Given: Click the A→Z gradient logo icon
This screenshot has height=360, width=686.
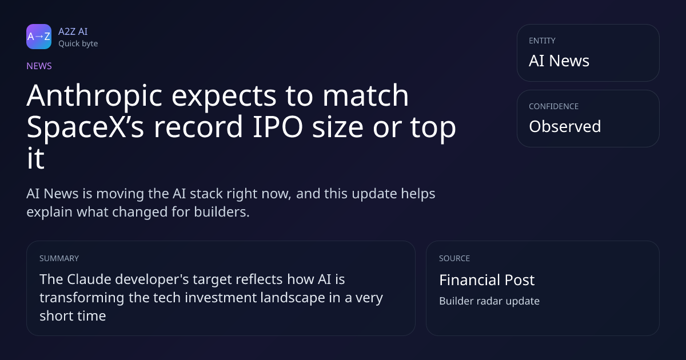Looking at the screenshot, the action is (x=39, y=37).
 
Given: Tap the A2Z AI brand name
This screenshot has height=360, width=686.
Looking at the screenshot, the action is (x=73, y=31).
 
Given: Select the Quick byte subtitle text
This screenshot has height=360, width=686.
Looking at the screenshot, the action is (x=78, y=44).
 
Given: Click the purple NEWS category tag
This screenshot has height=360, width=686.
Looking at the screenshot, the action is (x=39, y=66).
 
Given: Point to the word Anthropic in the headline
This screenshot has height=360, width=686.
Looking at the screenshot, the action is (x=94, y=97).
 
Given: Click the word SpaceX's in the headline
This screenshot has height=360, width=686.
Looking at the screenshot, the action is (x=85, y=127).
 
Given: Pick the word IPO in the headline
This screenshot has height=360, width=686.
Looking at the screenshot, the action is (x=278, y=127).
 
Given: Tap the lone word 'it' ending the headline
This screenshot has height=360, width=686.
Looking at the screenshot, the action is (x=35, y=159).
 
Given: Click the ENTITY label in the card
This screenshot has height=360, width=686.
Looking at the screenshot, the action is (x=542, y=41).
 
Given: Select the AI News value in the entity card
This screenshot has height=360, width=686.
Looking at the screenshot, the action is (x=559, y=61).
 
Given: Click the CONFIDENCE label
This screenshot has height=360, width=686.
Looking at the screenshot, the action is (x=554, y=106).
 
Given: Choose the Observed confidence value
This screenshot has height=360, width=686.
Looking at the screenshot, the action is (x=565, y=126).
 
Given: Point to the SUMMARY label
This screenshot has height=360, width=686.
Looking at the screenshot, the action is (x=59, y=258).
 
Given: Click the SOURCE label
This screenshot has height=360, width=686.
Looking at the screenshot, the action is (x=454, y=258).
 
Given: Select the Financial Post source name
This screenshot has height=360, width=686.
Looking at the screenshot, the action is (x=487, y=280).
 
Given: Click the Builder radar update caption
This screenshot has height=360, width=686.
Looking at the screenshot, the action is (x=489, y=301).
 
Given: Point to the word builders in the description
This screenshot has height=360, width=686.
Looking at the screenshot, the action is (x=222, y=212).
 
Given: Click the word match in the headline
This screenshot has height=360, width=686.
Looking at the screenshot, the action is (x=366, y=95).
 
